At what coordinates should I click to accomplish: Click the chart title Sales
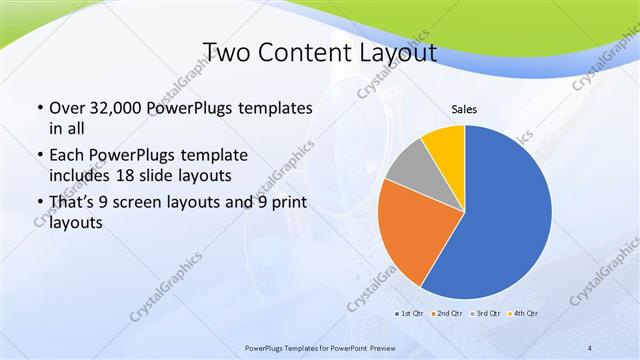point(463,109)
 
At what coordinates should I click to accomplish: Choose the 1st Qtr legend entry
point(408,313)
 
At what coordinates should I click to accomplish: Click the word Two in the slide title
point(226,52)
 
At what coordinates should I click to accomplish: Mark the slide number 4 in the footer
point(590,347)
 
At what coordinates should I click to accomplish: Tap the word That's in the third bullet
point(72,204)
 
